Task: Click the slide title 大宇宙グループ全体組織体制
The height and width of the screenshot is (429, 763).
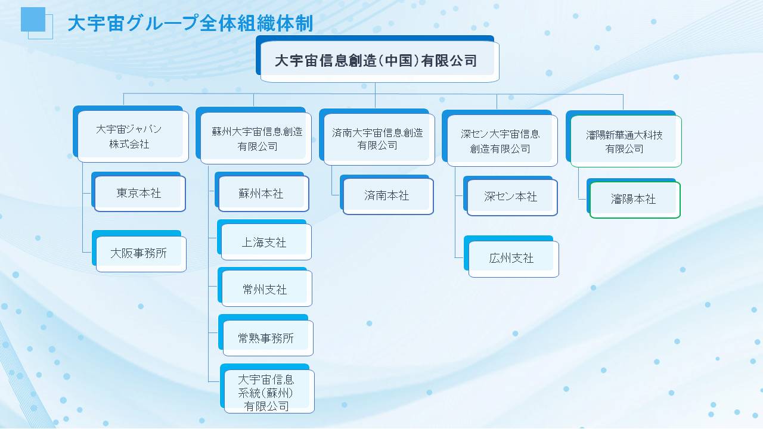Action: (190, 23)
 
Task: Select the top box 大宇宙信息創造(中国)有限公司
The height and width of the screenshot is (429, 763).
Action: (377, 58)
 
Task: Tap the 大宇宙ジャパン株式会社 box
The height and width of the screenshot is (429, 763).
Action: (131, 134)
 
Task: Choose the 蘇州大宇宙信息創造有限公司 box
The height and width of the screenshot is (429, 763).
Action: (254, 135)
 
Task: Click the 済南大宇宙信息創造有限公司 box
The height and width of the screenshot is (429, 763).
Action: (377, 137)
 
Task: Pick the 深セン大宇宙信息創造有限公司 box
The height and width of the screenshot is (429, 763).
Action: (500, 138)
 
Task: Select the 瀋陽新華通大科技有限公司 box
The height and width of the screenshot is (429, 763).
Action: (624, 139)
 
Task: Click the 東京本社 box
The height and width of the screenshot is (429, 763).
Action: (138, 192)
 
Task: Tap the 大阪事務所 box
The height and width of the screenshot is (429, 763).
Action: (139, 251)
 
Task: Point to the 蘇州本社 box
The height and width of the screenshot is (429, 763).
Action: (262, 192)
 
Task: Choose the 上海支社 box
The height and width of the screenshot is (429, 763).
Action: (264, 240)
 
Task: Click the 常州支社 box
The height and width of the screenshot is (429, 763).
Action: (265, 287)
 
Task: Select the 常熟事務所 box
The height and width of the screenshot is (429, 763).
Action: (266, 335)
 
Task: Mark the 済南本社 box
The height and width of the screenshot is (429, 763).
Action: (387, 195)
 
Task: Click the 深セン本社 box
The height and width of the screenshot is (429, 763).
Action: (510, 196)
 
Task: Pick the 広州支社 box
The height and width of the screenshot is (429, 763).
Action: (511, 256)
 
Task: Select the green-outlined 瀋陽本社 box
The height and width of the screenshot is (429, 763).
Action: (634, 198)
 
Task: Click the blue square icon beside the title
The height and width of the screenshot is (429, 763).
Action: (33, 20)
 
